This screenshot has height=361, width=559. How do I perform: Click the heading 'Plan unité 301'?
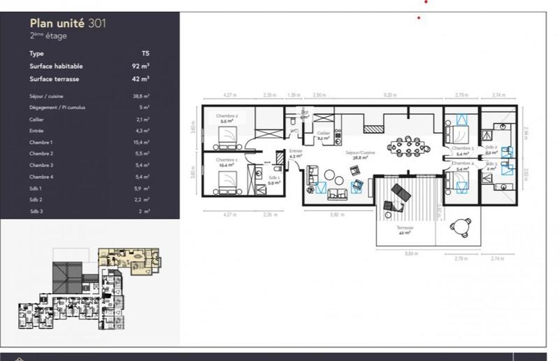click(x=68, y=23)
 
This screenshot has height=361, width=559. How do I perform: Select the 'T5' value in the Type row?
click(x=145, y=53)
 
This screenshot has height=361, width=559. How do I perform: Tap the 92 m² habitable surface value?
click(x=142, y=66)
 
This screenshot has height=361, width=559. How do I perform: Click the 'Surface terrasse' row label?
click(x=55, y=79)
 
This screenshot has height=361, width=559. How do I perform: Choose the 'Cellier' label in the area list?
click(x=36, y=120)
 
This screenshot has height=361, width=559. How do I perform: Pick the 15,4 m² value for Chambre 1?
click(x=142, y=142)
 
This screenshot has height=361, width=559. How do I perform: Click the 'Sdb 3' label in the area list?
click(x=36, y=211)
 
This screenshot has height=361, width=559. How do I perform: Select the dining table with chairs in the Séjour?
click(x=407, y=147)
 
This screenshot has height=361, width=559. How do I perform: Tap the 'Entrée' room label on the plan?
click(x=295, y=154)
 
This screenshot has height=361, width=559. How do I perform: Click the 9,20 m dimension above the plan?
click(x=390, y=94)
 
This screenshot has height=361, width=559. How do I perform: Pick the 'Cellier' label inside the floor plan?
click(x=323, y=135)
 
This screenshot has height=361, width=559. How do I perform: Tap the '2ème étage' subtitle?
click(x=48, y=36)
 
